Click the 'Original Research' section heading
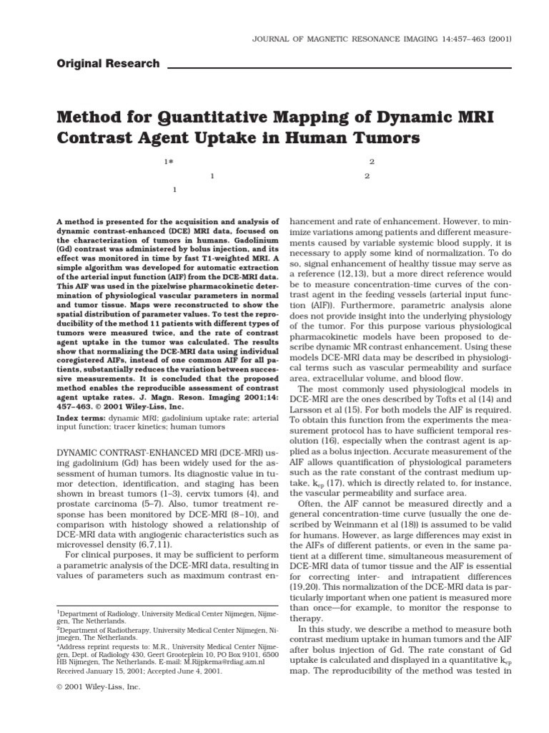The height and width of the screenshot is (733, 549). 108,64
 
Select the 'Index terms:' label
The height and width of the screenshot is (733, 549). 81,416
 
